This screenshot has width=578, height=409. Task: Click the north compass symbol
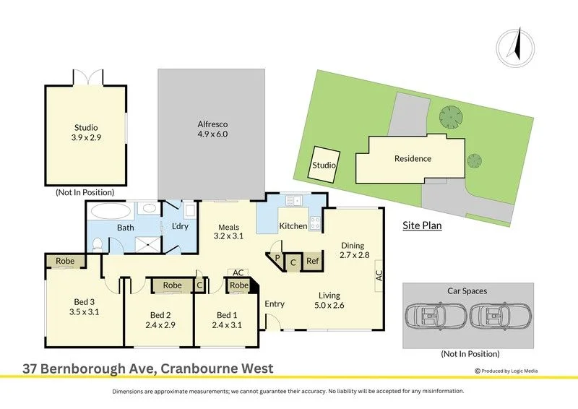[x=515, y=48]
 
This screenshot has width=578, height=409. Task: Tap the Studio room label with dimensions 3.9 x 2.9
[x=86, y=132]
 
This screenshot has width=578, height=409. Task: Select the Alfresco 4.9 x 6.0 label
[x=212, y=129]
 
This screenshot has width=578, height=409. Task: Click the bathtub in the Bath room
[x=111, y=211]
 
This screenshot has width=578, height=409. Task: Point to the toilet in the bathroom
[x=98, y=244]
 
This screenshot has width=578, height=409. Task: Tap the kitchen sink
[x=294, y=200]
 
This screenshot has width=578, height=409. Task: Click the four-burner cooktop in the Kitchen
[x=315, y=223]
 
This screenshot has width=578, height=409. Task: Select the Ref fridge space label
[x=312, y=261]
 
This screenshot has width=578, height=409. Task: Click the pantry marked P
[x=277, y=257]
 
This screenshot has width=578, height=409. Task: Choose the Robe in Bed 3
[x=65, y=261]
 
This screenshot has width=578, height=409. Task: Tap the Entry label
[x=275, y=304]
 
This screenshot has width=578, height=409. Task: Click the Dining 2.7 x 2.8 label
[x=354, y=250]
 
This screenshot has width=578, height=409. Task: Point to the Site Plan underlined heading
[x=422, y=225]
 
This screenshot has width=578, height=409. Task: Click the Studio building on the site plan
[x=324, y=164]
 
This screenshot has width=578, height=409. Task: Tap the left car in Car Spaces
[x=436, y=316]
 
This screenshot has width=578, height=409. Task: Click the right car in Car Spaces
[x=500, y=316]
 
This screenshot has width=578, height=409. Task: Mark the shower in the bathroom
[x=148, y=244]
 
